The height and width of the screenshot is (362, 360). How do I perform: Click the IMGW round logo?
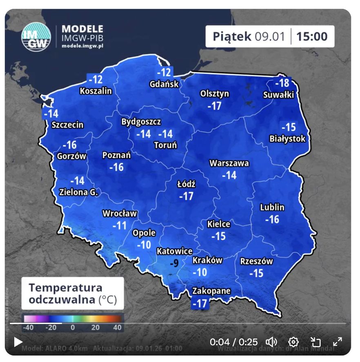point(36,36)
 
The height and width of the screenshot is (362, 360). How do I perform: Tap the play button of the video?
point(18,342)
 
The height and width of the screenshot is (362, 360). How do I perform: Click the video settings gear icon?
point(293,342)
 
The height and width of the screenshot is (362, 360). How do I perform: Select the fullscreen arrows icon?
point(338,342)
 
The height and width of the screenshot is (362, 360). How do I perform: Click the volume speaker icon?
point(271,342)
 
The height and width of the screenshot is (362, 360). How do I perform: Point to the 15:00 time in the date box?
point(312,36)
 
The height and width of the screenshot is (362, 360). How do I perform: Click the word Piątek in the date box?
point(232,36)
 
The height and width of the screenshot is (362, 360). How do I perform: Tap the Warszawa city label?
point(229,163)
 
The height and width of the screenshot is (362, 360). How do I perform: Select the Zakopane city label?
point(211,291)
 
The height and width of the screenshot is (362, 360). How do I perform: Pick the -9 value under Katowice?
point(174,264)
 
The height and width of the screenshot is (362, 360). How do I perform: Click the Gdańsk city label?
point(164,84)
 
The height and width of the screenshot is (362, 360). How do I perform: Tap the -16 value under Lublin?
point(272,219)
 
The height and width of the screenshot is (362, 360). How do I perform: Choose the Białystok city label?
point(287,139)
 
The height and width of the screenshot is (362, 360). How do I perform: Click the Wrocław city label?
point(120,213)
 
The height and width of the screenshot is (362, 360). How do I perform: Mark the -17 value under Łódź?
point(187,197)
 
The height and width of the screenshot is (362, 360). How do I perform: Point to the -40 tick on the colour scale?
point(28,327)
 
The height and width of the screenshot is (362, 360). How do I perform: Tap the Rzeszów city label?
point(256,261)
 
